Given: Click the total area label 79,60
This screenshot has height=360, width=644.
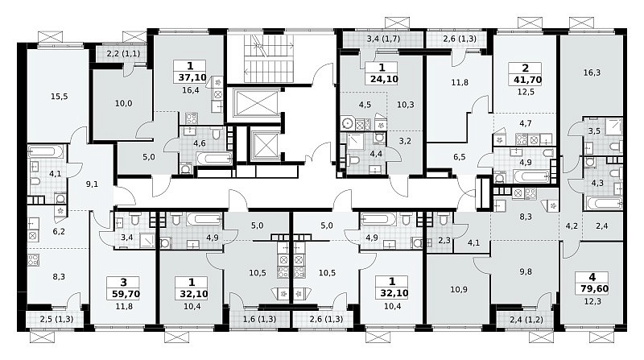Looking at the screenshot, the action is pos(592,288).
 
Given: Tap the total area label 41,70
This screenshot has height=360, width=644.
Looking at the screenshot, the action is pos(526,80).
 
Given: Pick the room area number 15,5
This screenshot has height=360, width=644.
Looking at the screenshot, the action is pos(59,97).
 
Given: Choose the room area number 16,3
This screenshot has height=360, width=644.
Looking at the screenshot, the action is pos(592,72).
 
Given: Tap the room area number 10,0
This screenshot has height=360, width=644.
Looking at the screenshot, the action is pos(123,104).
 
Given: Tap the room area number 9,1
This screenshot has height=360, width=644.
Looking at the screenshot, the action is pos(92,184).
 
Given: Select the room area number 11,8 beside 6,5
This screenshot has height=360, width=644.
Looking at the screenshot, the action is pos(460,82).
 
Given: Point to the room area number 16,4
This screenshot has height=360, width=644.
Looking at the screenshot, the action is pos(191,90).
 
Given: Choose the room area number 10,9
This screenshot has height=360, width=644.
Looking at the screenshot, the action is pos(459,289).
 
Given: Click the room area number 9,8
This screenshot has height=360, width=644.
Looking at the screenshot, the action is pos(526,271).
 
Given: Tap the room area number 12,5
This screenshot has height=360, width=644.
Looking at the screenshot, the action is pos(526,92).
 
